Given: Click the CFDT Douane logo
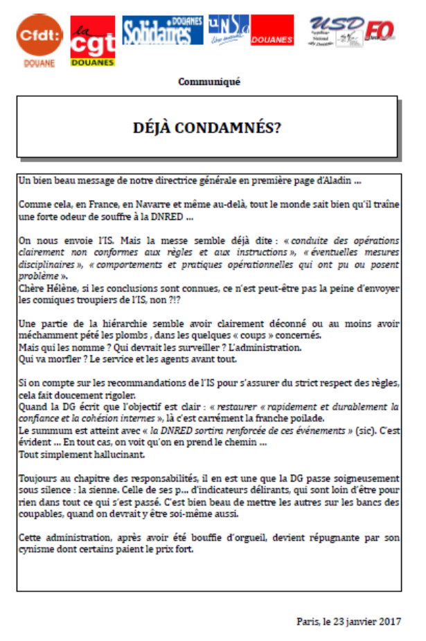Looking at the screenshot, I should point(39,39).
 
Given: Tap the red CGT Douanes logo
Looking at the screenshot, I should point(92,41).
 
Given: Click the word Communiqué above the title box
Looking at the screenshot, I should point(208,82).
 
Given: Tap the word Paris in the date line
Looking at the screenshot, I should point(306,621).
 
